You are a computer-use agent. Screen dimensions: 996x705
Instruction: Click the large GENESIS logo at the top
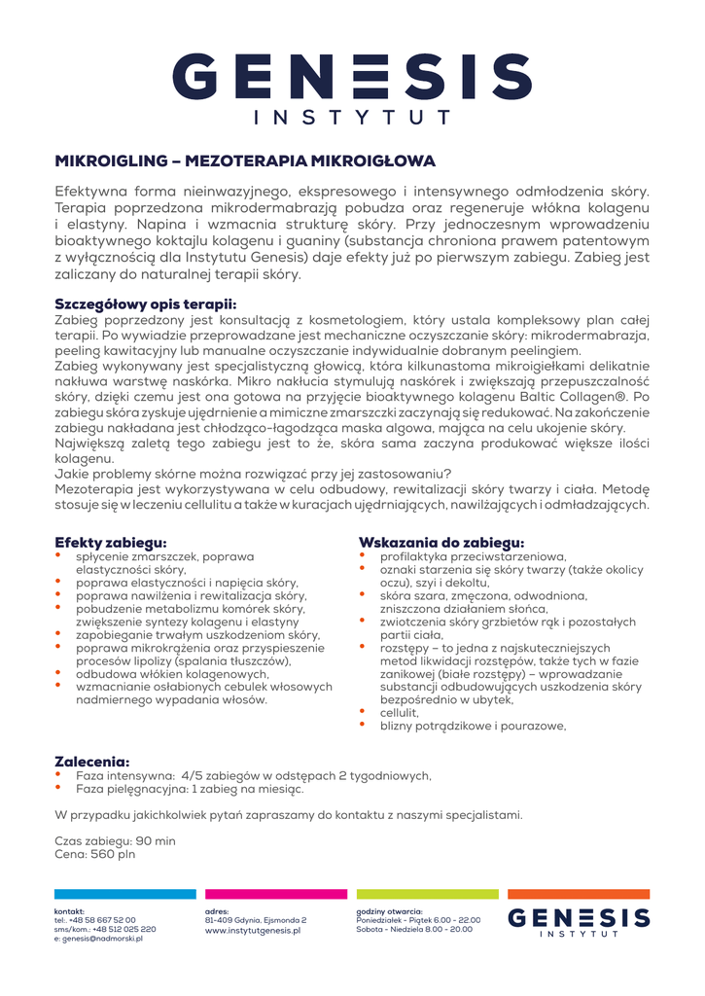point(352,88)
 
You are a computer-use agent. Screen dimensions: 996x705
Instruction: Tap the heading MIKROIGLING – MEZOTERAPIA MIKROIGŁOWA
point(244,160)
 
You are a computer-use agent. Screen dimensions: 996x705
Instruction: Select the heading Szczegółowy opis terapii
point(146,304)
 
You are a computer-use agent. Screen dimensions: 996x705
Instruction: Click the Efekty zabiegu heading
point(110,542)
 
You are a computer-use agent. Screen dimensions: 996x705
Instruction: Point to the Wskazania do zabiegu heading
point(441,542)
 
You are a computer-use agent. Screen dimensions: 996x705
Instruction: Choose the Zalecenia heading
point(92,762)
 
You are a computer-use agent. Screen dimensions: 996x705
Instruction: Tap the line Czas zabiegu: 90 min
point(116,840)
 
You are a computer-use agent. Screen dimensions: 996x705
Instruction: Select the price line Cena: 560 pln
point(95,854)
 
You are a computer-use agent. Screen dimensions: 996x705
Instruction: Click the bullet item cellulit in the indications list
point(399,712)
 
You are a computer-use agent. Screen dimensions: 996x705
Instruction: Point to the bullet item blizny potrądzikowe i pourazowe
point(473,726)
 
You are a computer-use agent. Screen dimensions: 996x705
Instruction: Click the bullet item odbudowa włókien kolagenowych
point(172,673)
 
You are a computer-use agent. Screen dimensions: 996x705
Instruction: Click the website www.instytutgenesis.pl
point(253,930)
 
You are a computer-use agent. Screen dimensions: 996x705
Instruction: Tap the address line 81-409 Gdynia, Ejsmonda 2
point(256,919)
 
